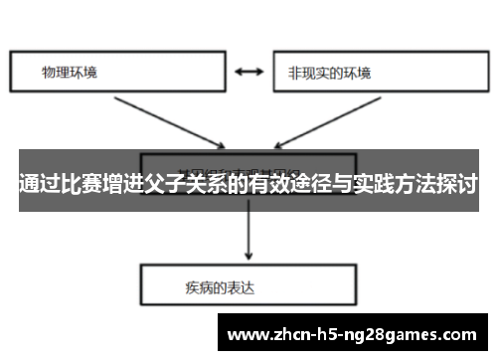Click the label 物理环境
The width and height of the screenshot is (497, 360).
70,73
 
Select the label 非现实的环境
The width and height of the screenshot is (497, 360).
329,73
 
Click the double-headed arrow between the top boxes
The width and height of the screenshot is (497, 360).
248,73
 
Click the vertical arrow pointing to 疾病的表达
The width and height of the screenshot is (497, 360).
248,234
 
